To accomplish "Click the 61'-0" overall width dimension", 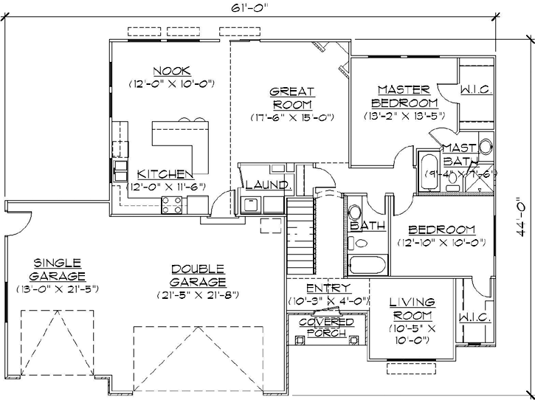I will pos(247,8).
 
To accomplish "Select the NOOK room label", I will pos(171,71).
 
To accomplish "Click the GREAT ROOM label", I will pos(293,98).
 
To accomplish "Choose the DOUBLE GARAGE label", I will pos(198,275).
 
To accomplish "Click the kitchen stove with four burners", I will pos(173,207).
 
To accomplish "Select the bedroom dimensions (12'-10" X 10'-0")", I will pos(442,242).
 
